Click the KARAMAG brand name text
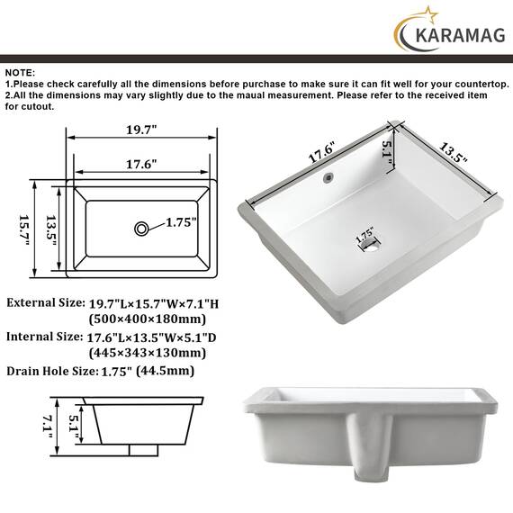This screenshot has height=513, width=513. (460, 35)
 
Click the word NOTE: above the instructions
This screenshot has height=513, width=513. (20, 73)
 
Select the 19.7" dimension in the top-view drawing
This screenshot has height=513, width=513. (141, 130)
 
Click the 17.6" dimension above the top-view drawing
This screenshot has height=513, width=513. (141, 164)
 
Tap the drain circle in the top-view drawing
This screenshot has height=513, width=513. (141, 229)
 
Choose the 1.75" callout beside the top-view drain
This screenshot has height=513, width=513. (181, 222)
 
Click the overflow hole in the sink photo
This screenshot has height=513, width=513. (328, 177)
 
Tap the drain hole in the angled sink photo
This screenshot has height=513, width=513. (369, 243)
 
